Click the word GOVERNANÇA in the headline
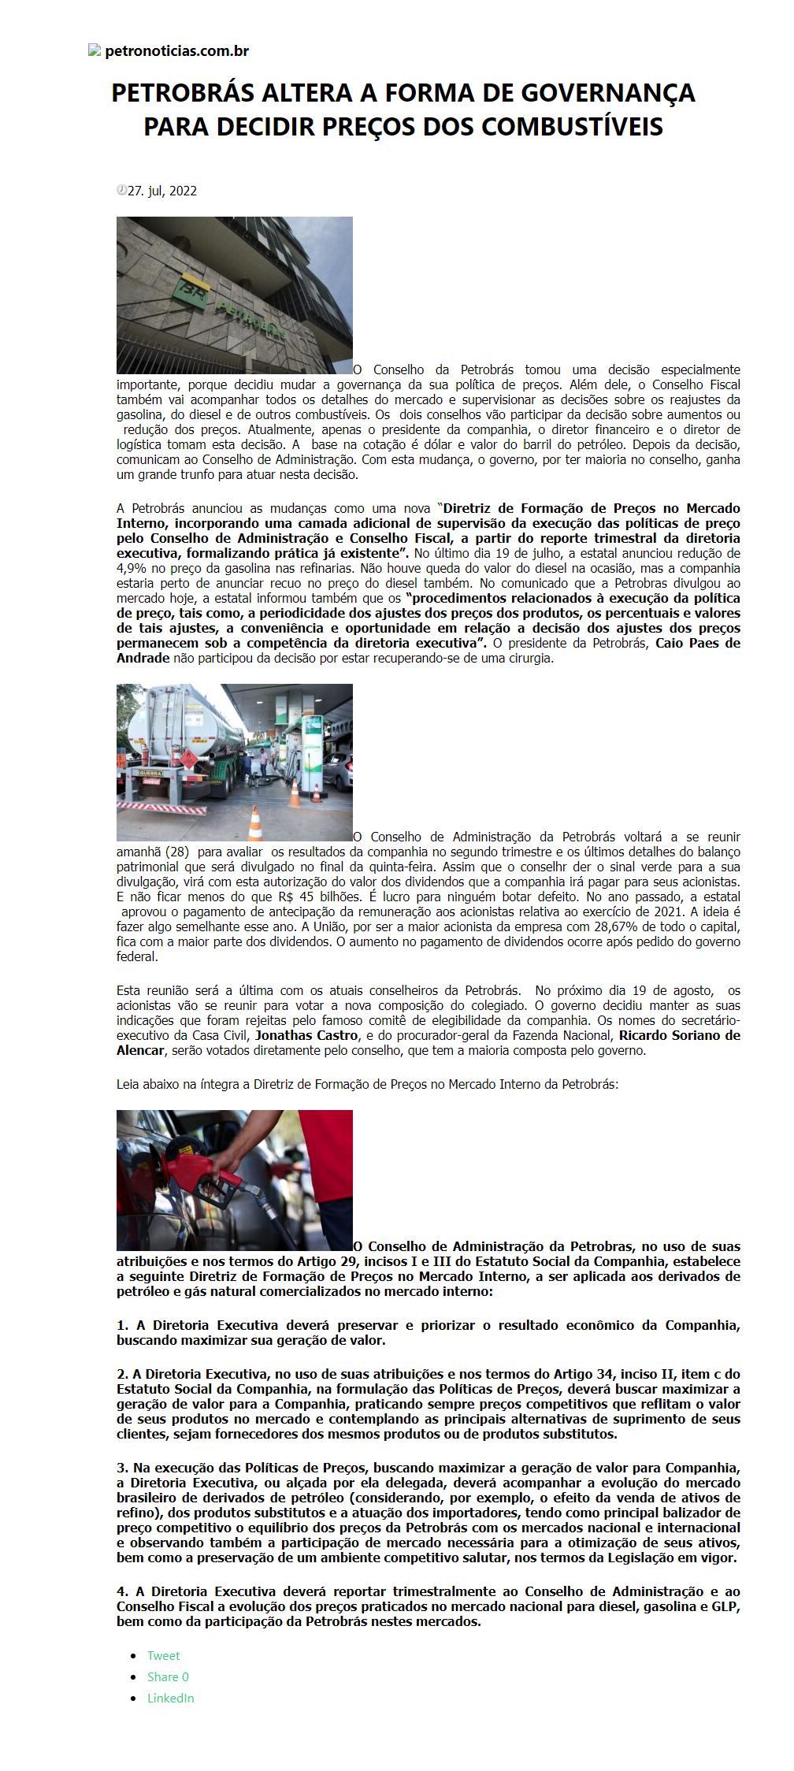click(612, 94)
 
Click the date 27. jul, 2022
click(162, 191)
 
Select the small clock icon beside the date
click(121, 190)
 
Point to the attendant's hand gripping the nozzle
click(237, 1158)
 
